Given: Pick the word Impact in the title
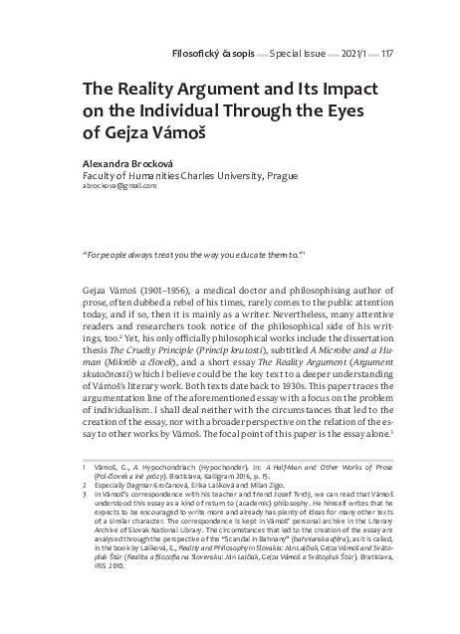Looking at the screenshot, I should [335, 87].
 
